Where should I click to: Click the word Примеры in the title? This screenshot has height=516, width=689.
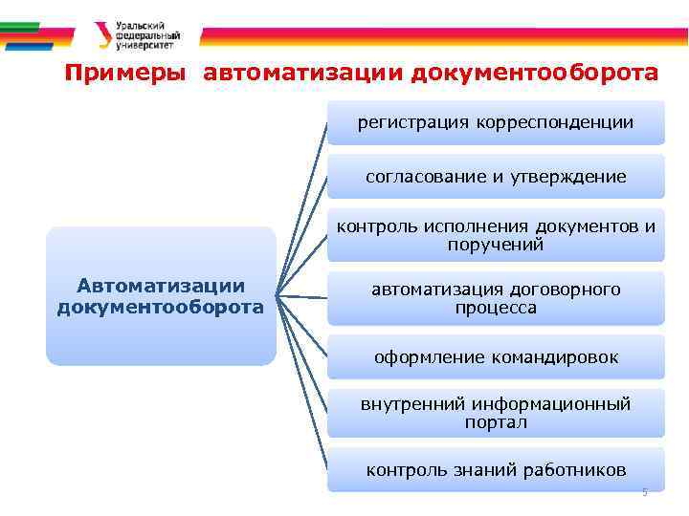click(x=125, y=74)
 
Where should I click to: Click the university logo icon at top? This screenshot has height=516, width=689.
click(x=102, y=35)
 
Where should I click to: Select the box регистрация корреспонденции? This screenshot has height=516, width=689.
click(x=496, y=122)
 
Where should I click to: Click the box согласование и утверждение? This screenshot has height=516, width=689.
click(x=496, y=177)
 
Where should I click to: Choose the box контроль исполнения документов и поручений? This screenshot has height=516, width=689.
click(x=496, y=235)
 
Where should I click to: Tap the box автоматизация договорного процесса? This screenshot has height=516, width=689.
click(x=496, y=298)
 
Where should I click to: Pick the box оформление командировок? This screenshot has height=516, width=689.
click(x=496, y=357)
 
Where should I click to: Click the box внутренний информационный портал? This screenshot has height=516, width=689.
click(x=496, y=413)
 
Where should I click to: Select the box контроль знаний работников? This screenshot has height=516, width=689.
click(x=496, y=469)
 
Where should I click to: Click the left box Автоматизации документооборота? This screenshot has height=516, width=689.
click(x=161, y=296)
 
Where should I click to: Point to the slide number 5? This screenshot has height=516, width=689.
click(x=645, y=492)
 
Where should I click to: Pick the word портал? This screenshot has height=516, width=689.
click(x=496, y=422)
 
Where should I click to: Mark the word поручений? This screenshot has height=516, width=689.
click(x=496, y=245)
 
